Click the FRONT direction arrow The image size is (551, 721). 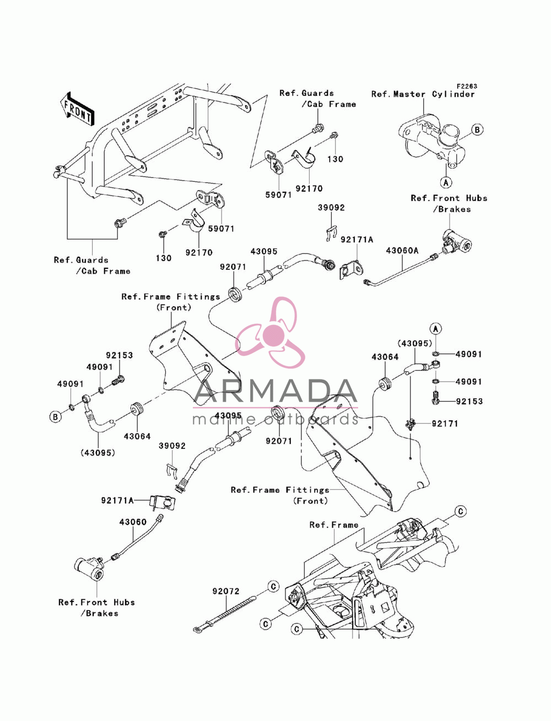77,109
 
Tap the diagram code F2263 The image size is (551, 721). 466,86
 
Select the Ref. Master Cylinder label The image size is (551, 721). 423,94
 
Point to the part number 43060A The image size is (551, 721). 402,251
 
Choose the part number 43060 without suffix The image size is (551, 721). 133,522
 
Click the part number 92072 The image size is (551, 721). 226,591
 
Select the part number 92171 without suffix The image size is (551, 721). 445,424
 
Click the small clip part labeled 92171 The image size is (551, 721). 410,425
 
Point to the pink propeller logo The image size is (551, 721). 269,333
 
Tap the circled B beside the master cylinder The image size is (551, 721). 477,130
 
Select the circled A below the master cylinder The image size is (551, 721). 446,182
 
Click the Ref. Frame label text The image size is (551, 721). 334,525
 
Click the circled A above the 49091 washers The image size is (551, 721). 436,328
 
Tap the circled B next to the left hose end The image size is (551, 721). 56,417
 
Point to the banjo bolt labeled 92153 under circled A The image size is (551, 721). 435,397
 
